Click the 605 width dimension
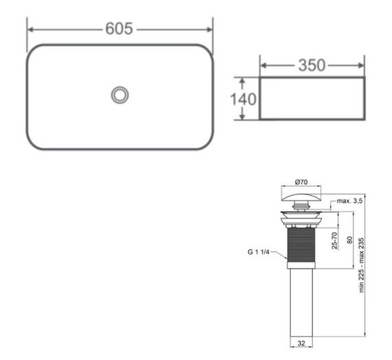point(120,29)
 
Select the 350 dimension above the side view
point(311,66)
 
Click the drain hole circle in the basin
point(120,95)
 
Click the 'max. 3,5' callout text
point(348,201)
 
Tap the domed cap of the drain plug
point(301,199)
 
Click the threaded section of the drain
point(301,244)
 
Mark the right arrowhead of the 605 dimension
point(210,29)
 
